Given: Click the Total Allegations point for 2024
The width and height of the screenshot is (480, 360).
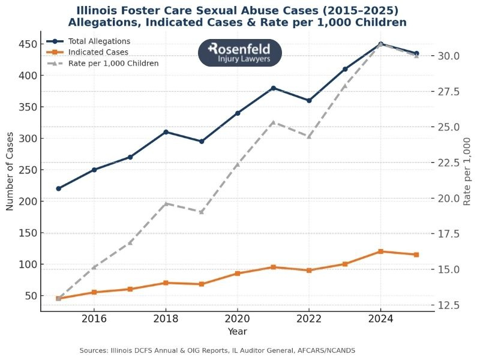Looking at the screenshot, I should (380, 44).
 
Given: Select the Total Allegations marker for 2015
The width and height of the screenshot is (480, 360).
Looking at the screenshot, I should (58, 188).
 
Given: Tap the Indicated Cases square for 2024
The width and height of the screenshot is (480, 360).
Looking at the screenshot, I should (380, 251).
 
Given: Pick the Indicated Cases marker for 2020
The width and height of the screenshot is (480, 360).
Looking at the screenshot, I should (238, 274).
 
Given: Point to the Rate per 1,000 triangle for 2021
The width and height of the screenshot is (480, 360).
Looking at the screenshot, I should (273, 122).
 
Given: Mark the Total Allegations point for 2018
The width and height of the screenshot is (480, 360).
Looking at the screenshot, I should (166, 132).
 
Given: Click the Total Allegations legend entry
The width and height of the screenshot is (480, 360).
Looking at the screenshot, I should (99, 41).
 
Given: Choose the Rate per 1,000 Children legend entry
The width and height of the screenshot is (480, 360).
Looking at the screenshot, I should (113, 63).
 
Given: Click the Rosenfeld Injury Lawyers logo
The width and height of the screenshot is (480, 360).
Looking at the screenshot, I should (240, 53).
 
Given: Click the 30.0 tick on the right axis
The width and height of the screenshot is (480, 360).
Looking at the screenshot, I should (448, 56).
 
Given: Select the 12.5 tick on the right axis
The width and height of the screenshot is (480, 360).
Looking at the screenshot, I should (448, 305).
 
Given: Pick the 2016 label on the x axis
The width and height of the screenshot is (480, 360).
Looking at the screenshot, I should (94, 319).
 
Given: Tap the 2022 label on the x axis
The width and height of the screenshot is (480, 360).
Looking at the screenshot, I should (309, 319).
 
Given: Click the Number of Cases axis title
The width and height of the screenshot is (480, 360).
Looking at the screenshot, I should (10, 179).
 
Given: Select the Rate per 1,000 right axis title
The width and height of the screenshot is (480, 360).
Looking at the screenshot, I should (467, 171).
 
